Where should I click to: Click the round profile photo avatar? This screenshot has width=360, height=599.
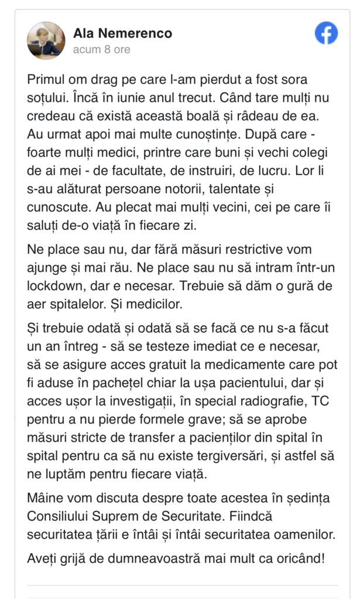pos(46,41)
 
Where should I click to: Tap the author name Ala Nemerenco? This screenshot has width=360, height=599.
pos(122,33)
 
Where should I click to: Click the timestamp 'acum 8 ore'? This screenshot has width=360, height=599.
pos(101,50)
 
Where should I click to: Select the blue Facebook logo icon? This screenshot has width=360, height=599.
pos(326,33)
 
